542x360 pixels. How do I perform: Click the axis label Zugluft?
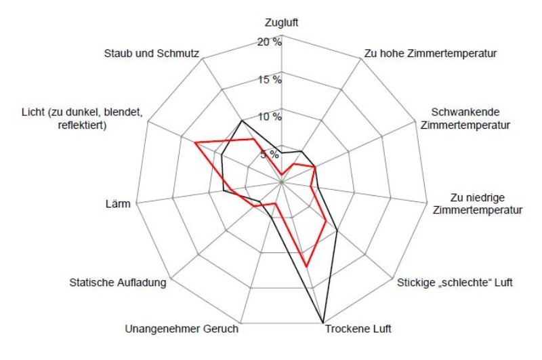[281, 22]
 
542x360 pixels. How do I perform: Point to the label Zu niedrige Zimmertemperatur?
[477, 203]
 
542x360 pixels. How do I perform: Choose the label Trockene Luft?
[358, 330]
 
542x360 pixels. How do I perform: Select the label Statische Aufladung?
[118, 282]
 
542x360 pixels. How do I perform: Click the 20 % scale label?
[269, 42]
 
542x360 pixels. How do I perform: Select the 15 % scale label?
[269, 79]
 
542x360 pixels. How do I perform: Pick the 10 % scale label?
[269, 117]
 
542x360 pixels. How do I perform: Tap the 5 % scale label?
[269, 154]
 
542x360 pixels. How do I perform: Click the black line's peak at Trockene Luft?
[322, 322]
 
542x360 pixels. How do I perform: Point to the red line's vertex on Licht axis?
[195, 143]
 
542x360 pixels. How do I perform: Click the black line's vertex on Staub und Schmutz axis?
[242, 121]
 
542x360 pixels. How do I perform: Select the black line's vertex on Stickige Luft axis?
[337, 232]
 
